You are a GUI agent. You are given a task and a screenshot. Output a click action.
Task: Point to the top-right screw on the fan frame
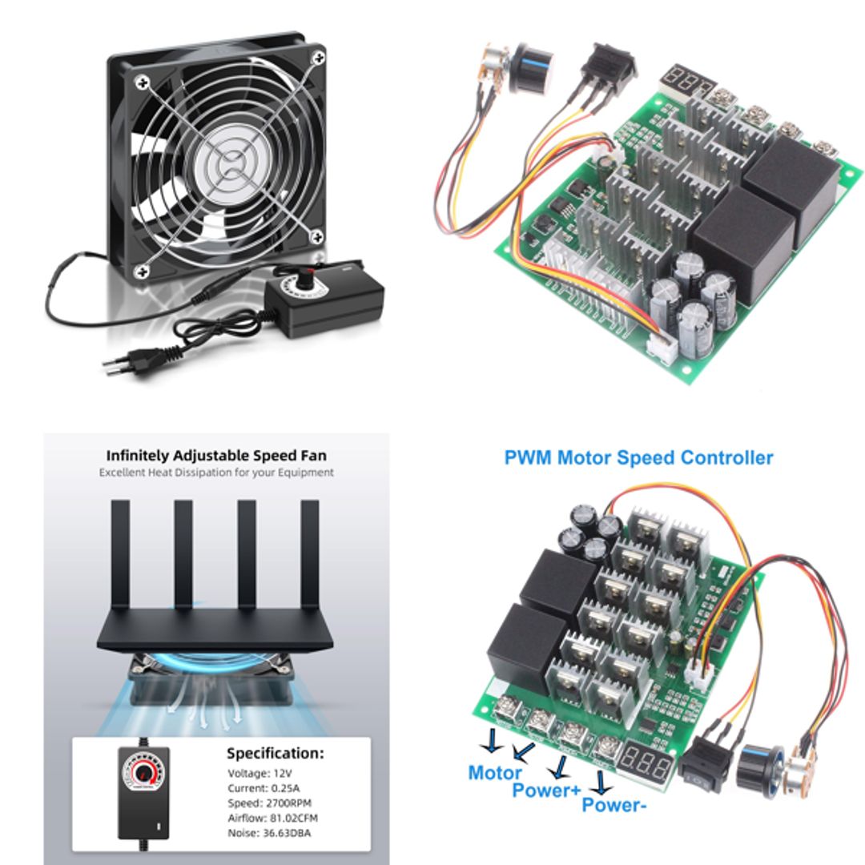click(318, 58)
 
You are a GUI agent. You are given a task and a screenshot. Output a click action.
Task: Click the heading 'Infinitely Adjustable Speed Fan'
click(216, 455)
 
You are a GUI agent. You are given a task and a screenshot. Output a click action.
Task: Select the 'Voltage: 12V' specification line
click(259, 774)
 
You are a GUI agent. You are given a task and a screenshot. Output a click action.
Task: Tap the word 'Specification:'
click(275, 753)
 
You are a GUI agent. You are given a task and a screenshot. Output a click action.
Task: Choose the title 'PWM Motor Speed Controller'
click(638, 458)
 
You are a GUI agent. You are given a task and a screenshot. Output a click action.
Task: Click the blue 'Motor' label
click(494, 773)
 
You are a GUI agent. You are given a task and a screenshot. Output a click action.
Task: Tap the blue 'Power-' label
click(614, 805)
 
